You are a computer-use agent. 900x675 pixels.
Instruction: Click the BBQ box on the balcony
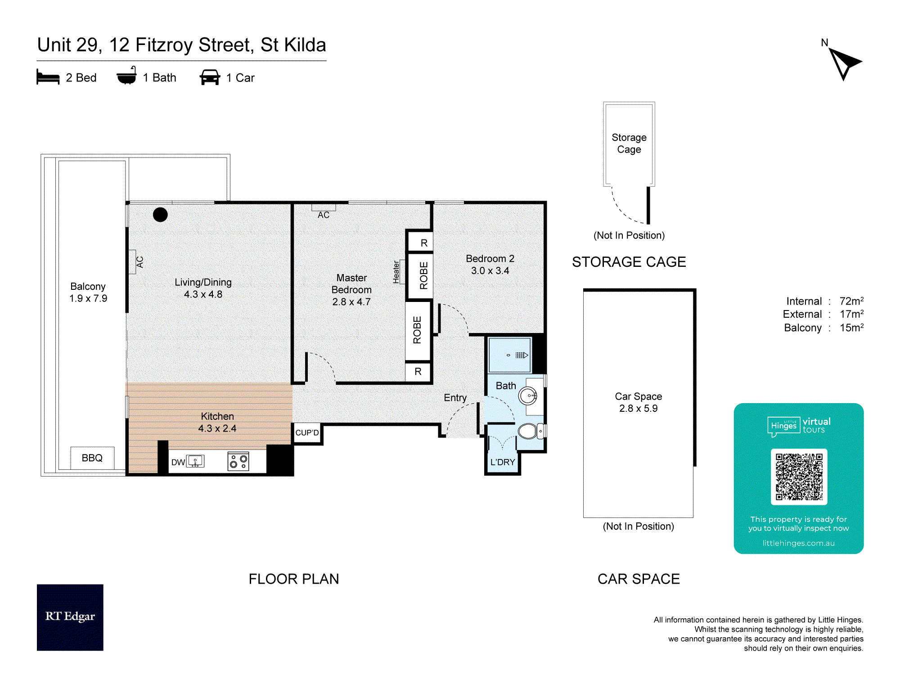pyautogui.click(x=92, y=458)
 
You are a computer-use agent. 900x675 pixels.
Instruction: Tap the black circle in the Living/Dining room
pyautogui.click(x=160, y=215)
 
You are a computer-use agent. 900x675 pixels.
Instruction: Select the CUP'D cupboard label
pyautogui.click(x=307, y=432)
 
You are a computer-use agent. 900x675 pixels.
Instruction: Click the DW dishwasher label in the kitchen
pyautogui.click(x=178, y=462)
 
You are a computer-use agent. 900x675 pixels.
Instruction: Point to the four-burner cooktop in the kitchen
pyautogui.click(x=238, y=461)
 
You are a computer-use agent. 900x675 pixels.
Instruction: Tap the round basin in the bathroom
pyautogui.click(x=528, y=396)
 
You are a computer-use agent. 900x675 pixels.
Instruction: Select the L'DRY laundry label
pyautogui.click(x=503, y=462)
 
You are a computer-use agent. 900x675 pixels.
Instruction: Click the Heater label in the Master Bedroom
pyautogui.click(x=396, y=272)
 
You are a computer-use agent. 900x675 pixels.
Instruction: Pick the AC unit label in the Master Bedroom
pyautogui.click(x=324, y=215)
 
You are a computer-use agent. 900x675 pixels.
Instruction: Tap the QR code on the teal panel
pyautogui.click(x=799, y=477)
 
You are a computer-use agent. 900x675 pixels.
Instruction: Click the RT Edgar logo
pyautogui.click(x=70, y=617)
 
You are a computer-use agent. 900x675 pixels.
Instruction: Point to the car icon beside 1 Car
pyautogui.click(x=210, y=77)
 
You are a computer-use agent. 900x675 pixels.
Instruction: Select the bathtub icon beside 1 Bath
pyautogui.click(x=127, y=76)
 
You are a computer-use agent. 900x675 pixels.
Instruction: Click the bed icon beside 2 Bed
pyautogui.click(x=48, y=77)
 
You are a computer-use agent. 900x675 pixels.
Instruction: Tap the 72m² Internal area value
pyautogui.click(x=851, y=301)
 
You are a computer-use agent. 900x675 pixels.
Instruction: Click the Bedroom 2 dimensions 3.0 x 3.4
pyautogui.click(x=490, y=271)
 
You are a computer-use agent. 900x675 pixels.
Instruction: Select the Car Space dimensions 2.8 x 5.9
pyautogui.click(x=638, y=409)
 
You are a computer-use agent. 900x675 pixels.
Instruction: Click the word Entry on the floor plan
pyautogui.click(x=455, y=398)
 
